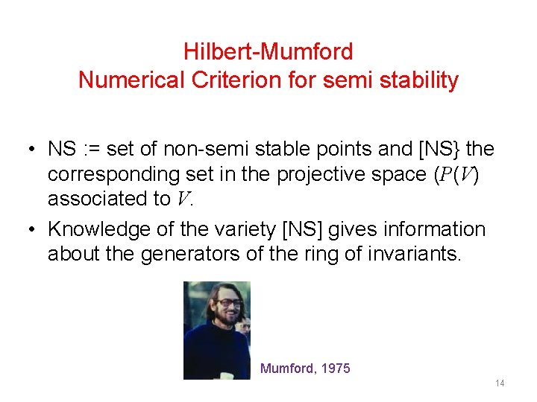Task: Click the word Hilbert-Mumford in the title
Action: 268,52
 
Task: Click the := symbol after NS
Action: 89,149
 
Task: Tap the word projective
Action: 308,174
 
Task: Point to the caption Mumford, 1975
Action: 305,368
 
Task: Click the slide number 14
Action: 500,383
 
